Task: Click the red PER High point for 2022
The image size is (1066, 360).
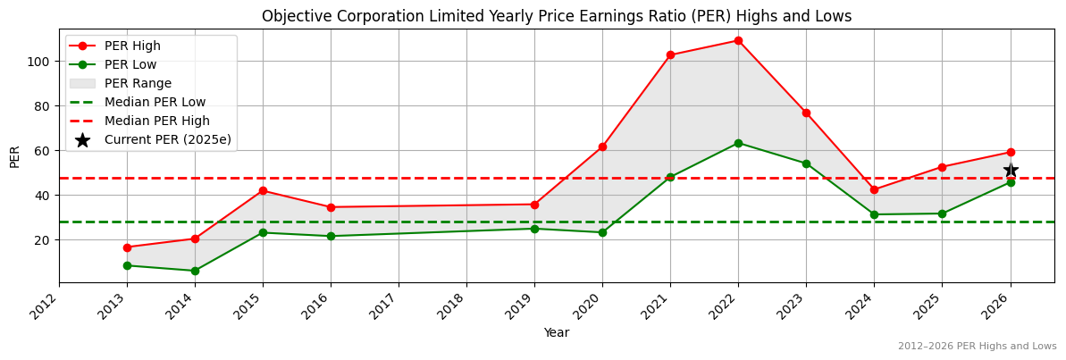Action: (738, 40)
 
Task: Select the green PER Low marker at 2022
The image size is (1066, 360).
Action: (738, 143)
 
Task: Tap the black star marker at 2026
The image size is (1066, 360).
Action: (1011, 170)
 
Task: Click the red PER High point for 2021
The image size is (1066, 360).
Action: (670, 55)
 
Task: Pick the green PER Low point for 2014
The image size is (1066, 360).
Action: (195, 271)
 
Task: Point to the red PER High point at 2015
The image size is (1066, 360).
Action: (263, 190)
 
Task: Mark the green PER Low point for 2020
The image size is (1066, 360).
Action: (602, 232)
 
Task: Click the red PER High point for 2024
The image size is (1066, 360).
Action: (874, 189)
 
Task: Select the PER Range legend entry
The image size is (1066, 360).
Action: (138, 83)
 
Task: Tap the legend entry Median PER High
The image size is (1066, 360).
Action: (156, 121)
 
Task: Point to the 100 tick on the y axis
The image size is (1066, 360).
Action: (41, 62)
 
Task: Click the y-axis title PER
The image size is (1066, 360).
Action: (14, 156)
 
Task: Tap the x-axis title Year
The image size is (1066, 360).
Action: (556, 332)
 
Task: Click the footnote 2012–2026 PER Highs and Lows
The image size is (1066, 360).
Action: (977, 346)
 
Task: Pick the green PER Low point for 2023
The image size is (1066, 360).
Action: (806, 163)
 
